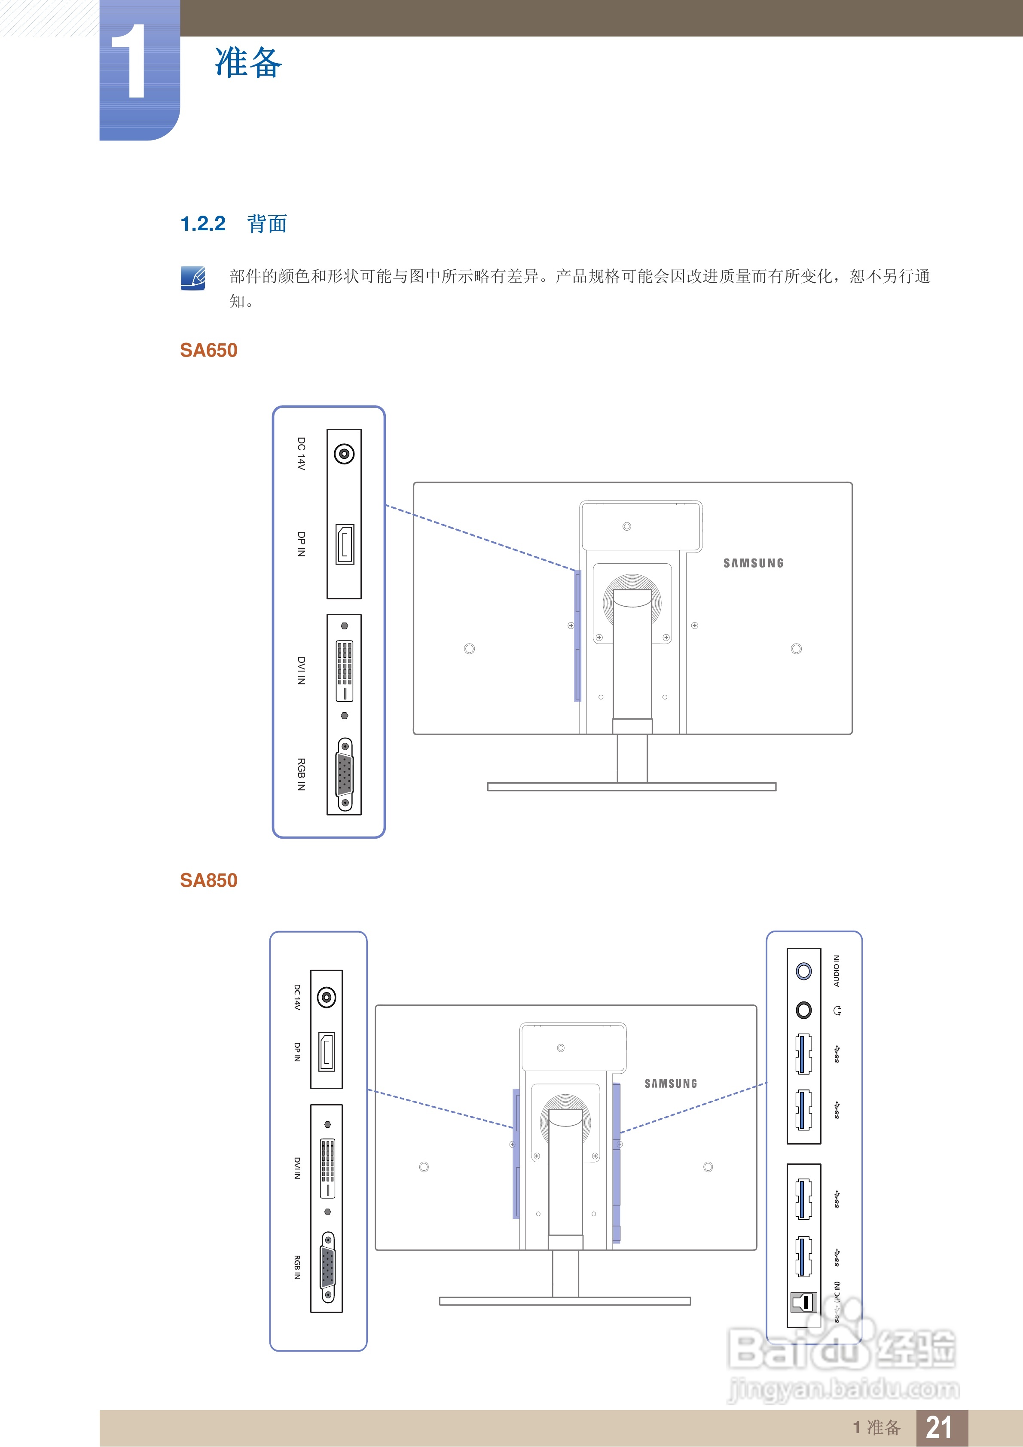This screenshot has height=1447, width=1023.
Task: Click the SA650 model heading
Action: (209, 351)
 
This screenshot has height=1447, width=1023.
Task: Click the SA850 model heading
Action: (209, 880)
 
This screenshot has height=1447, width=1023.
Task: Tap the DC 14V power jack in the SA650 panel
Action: (344, 454)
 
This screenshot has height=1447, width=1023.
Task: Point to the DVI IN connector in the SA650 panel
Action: (344, 671)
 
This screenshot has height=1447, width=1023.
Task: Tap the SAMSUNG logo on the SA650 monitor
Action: (753, 563)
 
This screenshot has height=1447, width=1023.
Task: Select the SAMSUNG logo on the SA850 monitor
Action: (671, 1084)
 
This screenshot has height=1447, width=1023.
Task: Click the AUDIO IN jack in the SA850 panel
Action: (803, 971)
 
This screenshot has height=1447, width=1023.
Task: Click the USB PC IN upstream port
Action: (803, 1301)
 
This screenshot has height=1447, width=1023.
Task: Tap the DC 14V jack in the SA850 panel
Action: (327, 998)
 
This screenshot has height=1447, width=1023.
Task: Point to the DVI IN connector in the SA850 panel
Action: (327, 1168)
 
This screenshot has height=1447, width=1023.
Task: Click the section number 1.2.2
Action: (202, 224)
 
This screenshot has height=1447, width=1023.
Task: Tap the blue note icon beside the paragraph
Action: (193, 278)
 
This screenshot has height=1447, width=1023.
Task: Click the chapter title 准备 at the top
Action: (248, 63)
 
